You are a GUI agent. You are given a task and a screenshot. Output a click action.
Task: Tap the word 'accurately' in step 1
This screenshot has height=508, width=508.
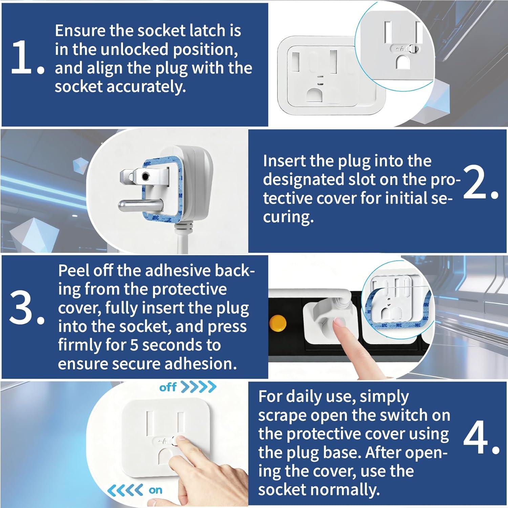[x=146, y=87]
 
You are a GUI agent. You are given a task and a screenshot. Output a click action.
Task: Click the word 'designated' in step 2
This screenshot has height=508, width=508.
[x=303, y=180]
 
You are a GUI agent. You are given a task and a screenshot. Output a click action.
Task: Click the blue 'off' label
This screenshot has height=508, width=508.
[x=168, y=387]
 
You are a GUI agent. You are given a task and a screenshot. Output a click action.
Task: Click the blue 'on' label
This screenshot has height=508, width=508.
[x=155, y=490]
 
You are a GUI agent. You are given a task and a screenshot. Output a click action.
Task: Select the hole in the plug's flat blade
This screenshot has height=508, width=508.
[x=146, y=176]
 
